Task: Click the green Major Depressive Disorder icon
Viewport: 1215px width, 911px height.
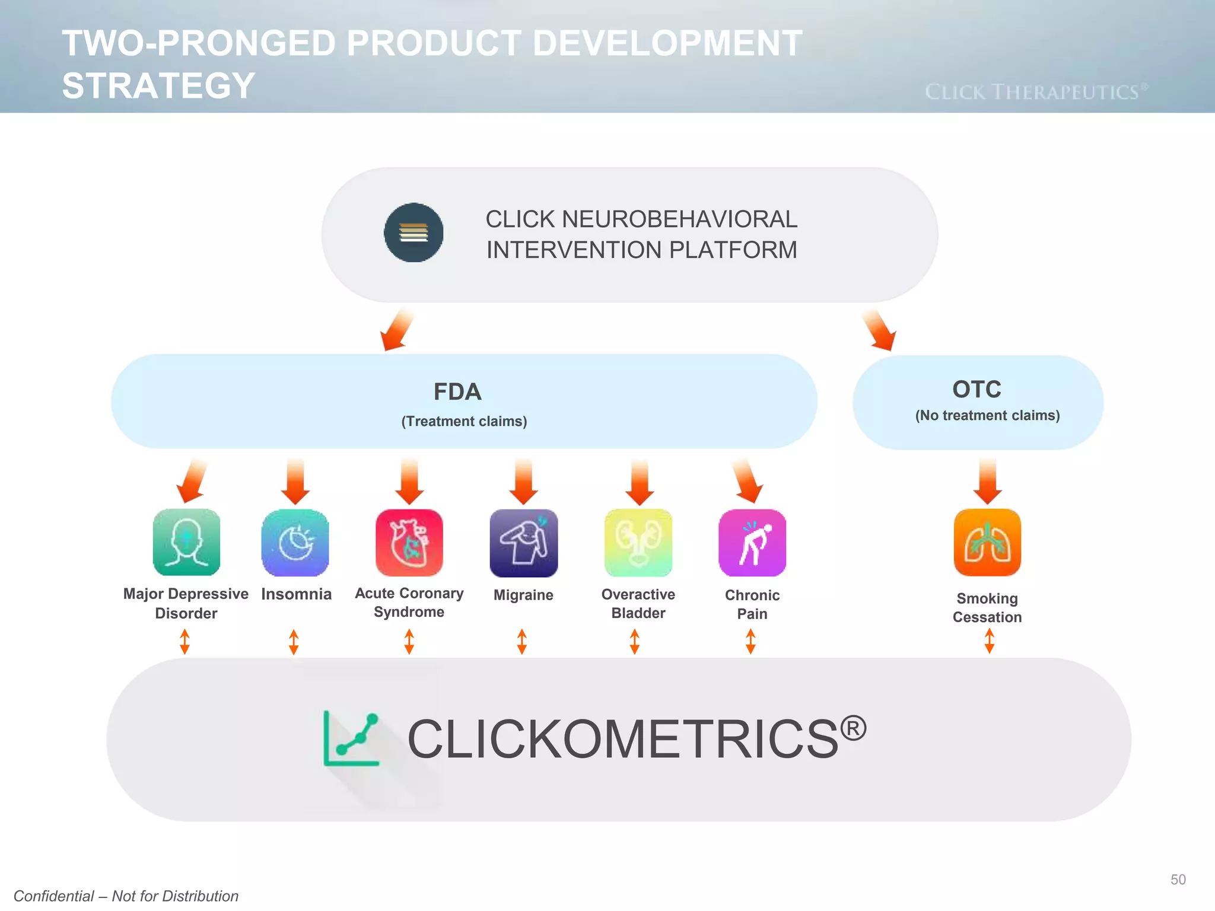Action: [x=186, y=542]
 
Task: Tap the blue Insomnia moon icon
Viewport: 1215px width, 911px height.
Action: [x=295, y=542]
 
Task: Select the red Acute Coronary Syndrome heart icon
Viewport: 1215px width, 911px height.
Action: [x=409, y=542]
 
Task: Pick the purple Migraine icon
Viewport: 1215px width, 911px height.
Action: [x=523, y=542]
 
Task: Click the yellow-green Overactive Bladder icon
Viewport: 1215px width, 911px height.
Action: [x=638, y=542]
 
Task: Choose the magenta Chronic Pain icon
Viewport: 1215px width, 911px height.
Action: [x=752, y=542]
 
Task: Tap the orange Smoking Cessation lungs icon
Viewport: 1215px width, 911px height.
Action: [x=987, y=542]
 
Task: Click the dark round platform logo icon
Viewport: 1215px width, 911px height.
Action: [x=414, y=232]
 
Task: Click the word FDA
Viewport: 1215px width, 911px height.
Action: [x=457, y=391]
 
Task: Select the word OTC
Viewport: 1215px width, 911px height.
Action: [x=977, y=389]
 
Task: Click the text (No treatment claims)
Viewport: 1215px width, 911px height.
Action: [x=987, y=415]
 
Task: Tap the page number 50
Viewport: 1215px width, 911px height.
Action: [x=1178, y=880]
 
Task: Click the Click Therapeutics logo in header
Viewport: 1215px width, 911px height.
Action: [x=1036, y=92]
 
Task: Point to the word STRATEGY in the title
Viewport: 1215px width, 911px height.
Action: [x=158, y=85]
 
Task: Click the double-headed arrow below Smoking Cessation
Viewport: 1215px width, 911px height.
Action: [x=989, y=641]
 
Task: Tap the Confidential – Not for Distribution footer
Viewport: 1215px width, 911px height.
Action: [x=126, y=896]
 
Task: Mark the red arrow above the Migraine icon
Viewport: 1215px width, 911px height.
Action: [x=523, y=480]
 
